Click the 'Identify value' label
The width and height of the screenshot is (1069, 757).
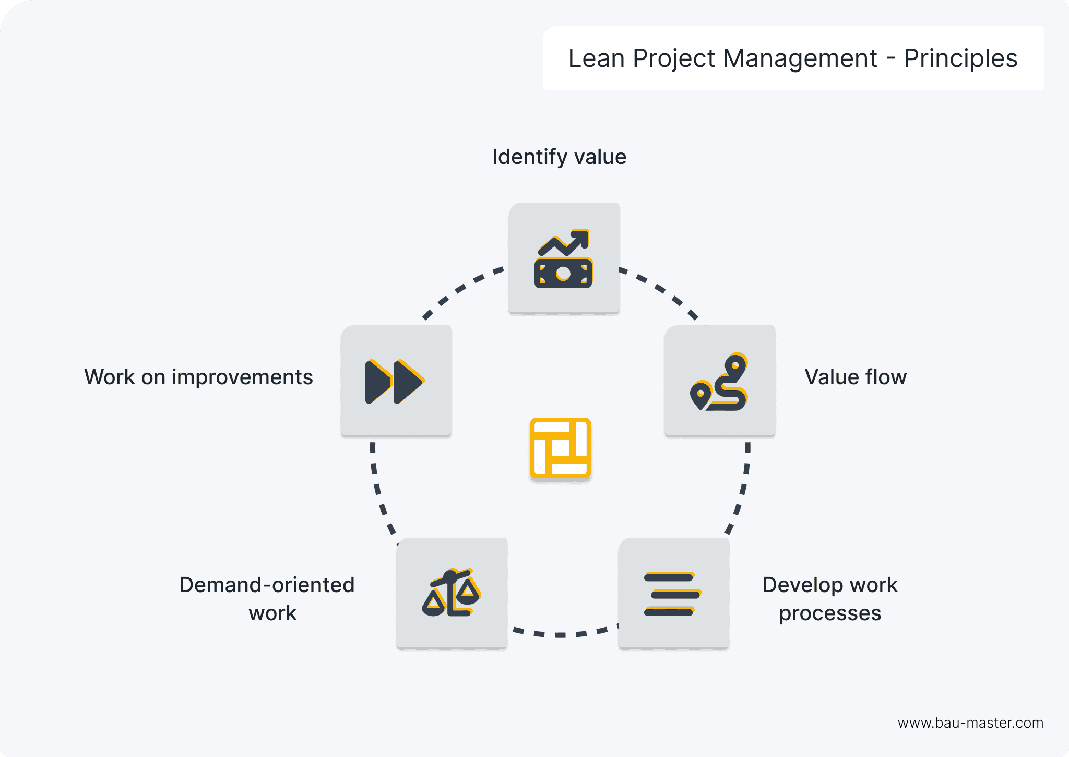[559, 157]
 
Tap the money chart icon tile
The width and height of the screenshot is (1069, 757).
[564, 258]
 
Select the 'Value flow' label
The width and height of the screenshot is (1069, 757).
[855, 377]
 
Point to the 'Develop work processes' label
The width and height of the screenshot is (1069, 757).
[830, 599]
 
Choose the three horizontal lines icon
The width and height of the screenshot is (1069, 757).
[672, 594]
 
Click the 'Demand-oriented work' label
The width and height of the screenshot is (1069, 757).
[267, 599]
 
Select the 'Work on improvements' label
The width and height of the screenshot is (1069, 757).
[198, 377]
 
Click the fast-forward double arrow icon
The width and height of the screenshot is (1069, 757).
[395, 381]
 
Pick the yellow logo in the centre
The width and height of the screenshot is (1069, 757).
[560, 448]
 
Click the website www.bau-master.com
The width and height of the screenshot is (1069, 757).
[970, 723]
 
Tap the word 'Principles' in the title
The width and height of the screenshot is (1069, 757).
[960, 58]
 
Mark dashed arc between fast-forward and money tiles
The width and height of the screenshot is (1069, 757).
[459, 289]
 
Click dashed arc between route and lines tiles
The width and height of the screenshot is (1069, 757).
[743, 491]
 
